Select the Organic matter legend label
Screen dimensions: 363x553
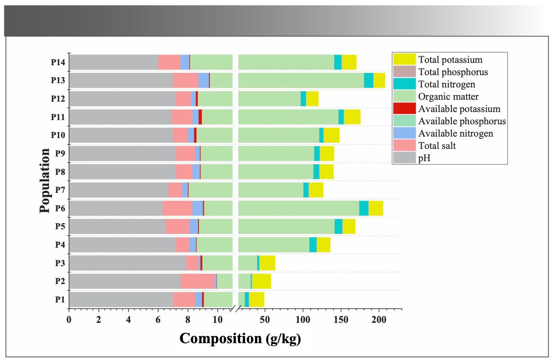(x=448, y=96)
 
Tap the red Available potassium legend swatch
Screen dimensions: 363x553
(x=404, y=108)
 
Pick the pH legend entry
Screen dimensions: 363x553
(x=424, y=158)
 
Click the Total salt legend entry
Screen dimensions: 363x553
(x=437, y=146)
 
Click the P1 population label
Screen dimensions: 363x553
(x=60, y=300)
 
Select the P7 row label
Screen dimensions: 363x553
(x=60, y=190)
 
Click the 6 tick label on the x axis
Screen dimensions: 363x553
(x=158, y=319)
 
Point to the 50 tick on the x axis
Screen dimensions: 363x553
(x=265, y=319)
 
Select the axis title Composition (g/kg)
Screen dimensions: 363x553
(x=240, y=338)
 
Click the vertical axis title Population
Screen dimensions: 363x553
(x=45, y=181)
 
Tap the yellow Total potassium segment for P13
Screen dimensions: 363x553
(x=379, y=80)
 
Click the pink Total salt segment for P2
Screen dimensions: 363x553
(x=197, y=281)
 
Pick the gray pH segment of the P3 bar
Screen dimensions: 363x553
(x=128, y=263)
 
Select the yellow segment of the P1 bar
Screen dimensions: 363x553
(x=257, y=300)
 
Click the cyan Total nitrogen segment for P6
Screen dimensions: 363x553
(x=363, y=208)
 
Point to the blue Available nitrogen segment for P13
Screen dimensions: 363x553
(x=203, y=80)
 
